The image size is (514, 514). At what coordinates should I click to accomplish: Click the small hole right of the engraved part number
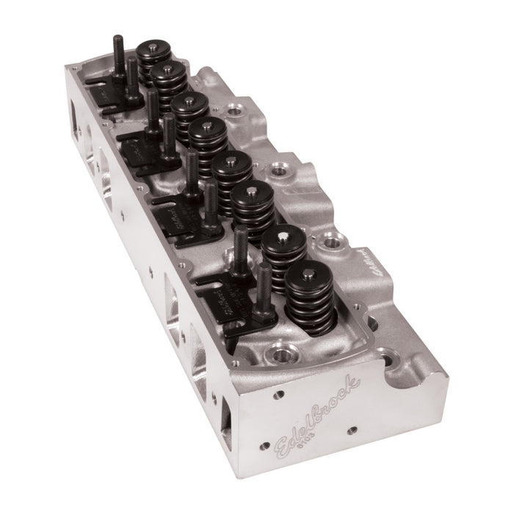[352, 430]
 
